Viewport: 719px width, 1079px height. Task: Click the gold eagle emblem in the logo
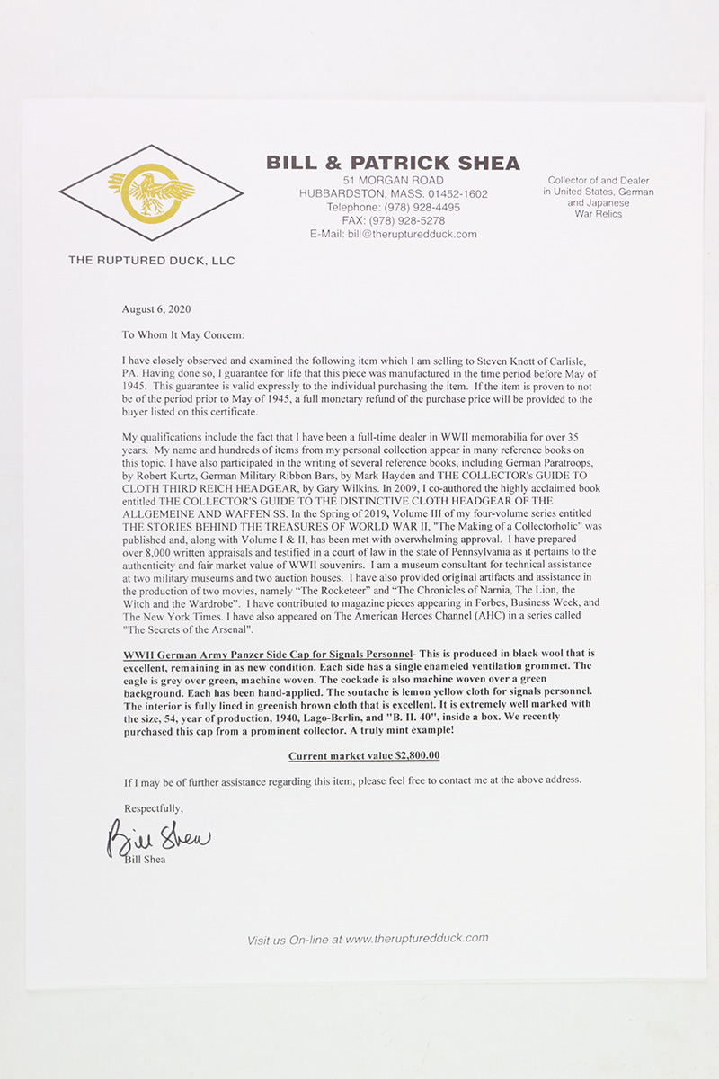151,192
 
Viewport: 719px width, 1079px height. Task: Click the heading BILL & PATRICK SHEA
393,163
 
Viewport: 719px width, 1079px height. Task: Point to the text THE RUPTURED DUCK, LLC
152,261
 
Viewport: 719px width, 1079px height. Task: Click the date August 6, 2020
155,309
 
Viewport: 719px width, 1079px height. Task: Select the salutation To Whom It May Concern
183,335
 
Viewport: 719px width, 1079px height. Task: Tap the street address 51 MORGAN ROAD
393,181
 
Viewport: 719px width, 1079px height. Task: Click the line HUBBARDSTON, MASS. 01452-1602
393,194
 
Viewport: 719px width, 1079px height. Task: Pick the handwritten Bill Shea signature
158,839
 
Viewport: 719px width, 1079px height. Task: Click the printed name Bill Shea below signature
146,859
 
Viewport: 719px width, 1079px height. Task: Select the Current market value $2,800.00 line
364,756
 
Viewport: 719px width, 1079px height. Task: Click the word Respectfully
154,807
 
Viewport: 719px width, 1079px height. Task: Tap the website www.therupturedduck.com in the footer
416,938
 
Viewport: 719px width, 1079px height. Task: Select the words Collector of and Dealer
599,181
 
